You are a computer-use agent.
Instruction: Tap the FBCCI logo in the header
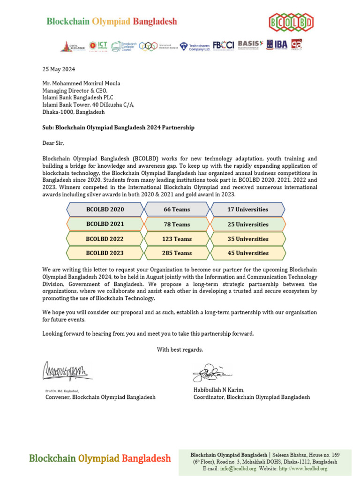pos(223,45)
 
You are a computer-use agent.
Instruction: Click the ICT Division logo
pos(99,45)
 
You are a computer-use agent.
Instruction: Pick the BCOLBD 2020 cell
pos(105,210)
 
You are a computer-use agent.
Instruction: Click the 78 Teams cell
pos(177,225)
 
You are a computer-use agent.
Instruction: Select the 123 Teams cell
pos(177,239)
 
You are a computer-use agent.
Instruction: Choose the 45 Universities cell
pos(247,253)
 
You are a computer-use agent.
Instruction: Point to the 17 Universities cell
pos(247,210)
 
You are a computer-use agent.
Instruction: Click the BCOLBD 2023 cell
pos(105,253)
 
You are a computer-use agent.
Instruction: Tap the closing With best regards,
pos(180,349)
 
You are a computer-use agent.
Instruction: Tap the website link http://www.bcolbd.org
pos(303,468)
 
